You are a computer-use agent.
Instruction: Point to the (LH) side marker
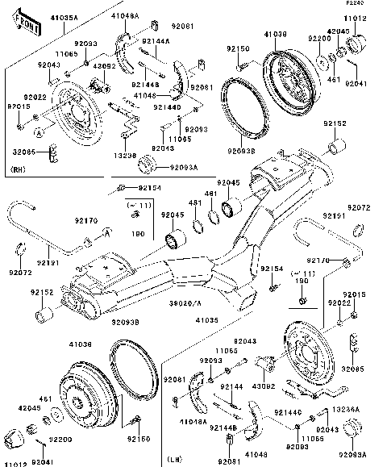point(176,460)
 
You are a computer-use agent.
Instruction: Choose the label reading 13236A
point(345,410)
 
